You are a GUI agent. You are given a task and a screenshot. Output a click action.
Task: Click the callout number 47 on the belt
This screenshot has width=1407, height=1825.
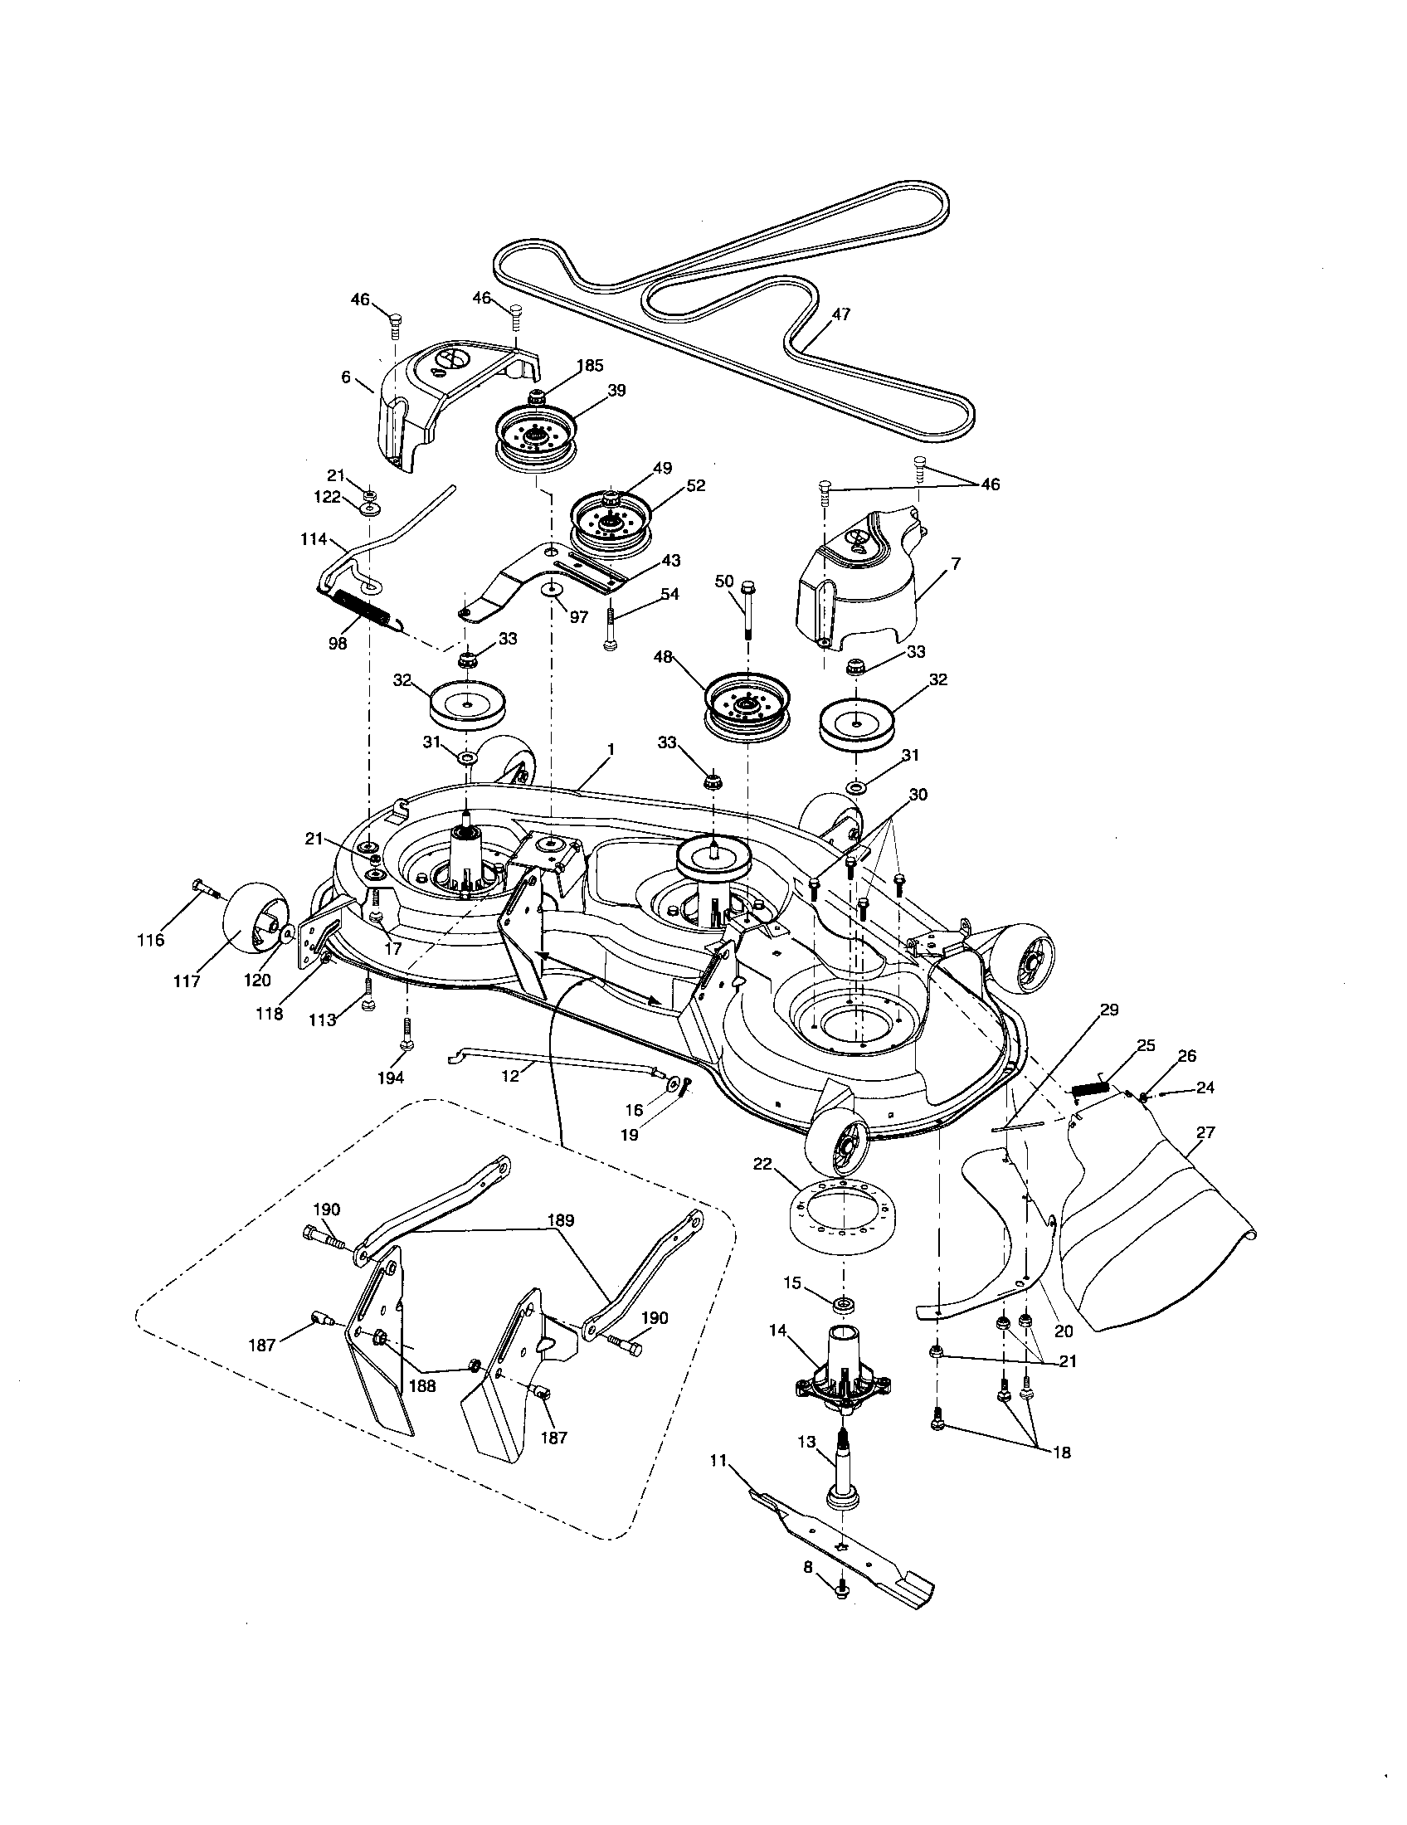click(x=840, y=314)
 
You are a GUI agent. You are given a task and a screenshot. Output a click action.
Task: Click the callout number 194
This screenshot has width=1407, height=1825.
click(x=390, y=1077)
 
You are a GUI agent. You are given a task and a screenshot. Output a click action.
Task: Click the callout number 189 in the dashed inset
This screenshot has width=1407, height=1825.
click(x=561, y=1221)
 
